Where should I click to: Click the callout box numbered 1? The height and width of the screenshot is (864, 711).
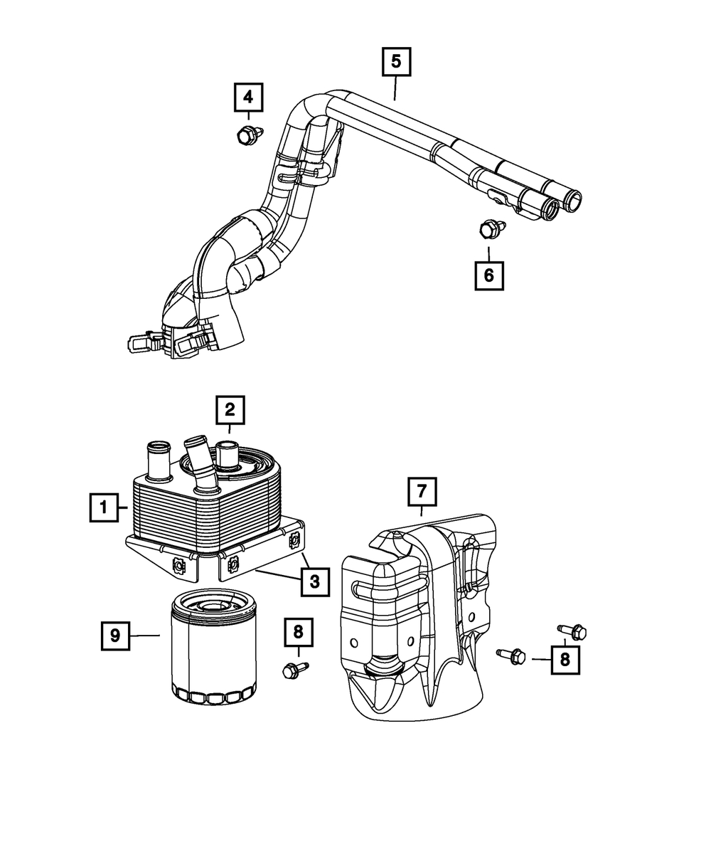click(x=104, y=507)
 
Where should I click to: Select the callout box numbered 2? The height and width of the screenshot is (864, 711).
click(x=230, y=410)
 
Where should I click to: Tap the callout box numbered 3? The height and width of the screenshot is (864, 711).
click(x=315, y=581)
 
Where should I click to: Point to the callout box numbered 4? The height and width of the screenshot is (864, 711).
click(x=248, y=98)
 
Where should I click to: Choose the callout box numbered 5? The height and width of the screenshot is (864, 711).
click(x=397, y=62)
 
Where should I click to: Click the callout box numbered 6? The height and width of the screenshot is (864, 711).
click(x=489, y=275)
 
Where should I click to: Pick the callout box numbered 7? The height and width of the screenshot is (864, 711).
click(x=422, y=492)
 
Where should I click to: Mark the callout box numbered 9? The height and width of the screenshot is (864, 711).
click(x=115, y=635)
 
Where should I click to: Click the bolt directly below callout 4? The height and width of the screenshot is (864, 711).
click(x=250, y=135)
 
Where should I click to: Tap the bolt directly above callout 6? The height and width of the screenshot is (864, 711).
click(x=492, y=228)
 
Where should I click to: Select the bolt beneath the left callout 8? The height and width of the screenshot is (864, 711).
click(x=295, y=670)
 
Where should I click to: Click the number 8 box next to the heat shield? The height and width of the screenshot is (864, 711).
click(x=565, y=660)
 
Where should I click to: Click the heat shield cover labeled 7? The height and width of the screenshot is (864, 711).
click(x=418, y=616)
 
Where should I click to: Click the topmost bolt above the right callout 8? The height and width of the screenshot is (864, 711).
click(x=572, y=632)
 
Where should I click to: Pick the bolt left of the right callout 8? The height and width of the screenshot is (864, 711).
click(x=511, y=656)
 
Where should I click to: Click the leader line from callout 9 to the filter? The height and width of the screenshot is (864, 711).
click(x=144, y=635)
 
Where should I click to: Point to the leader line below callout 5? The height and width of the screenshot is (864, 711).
click(x=395, y=88)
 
